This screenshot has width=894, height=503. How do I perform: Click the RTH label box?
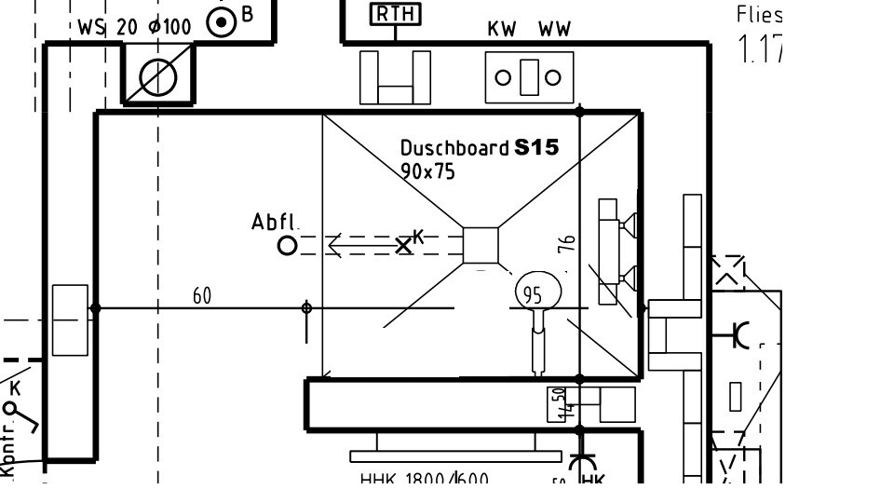(x=396, y=14)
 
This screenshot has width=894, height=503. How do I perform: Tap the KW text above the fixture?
(x=502, y=29)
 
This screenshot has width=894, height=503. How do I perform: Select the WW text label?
(x=555, y=29)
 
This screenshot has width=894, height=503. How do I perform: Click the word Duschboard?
(x=454, y=147)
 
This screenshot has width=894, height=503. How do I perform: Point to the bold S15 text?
(x=536, y=146)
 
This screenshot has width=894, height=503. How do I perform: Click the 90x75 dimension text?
(x=427, y=171)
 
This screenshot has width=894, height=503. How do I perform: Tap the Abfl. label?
(x=275, y=222)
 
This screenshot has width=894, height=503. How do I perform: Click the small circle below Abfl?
(x=287, y=245)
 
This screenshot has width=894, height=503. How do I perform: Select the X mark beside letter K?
(x=403, y=245)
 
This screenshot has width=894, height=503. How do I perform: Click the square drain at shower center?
(x=481, y=244)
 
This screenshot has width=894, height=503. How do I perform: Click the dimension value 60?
(x=202, y=296)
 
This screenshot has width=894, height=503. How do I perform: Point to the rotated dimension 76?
(x=567, y=243)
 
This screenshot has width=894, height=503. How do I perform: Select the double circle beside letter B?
(x=222, y=22)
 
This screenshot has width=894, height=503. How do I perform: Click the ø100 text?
(x=169, y=27)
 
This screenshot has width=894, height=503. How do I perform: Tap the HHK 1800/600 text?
(x=424, y=481)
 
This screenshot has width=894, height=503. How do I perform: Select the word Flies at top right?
(x=759, y=14)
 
